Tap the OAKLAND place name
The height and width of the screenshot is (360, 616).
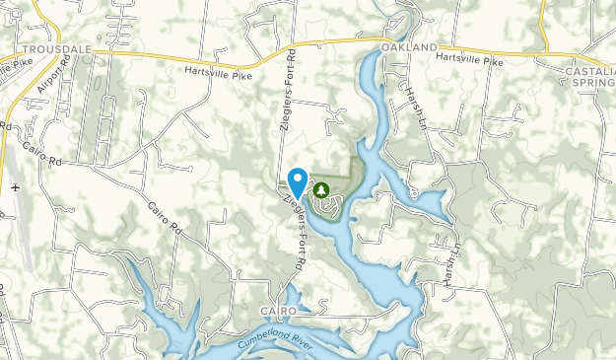click(408, 47)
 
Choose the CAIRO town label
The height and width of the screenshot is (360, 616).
click(279, 311)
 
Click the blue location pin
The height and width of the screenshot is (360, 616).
click(297, 181)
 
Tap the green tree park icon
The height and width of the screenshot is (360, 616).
click(320, 188)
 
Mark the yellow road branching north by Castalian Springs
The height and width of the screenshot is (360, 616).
click(546, 25)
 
